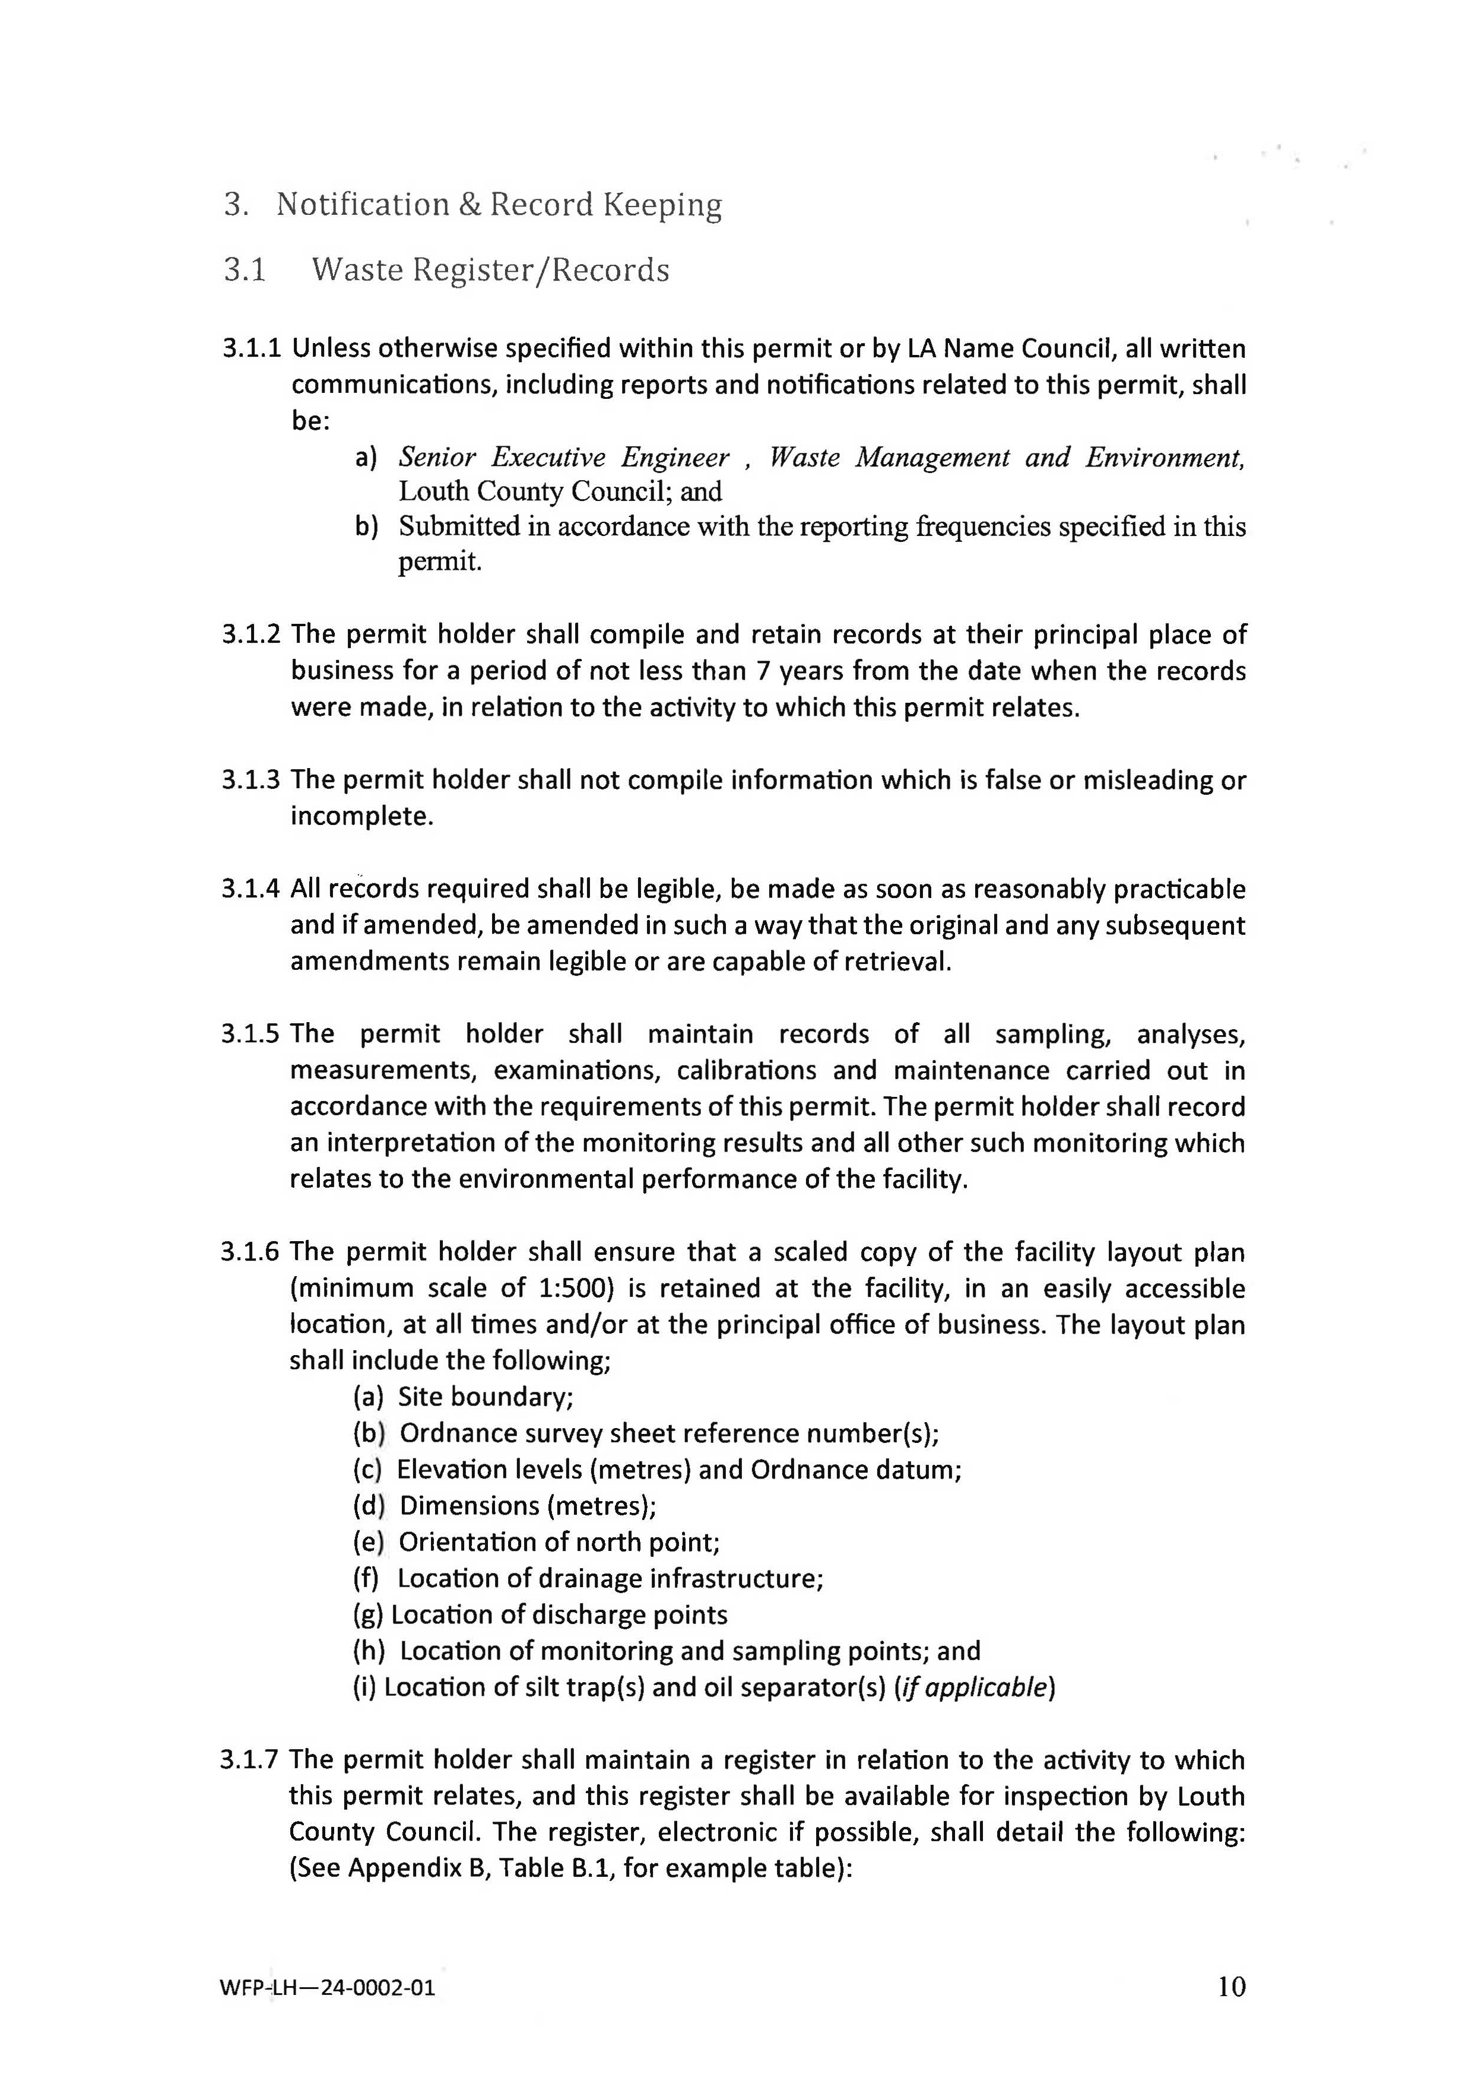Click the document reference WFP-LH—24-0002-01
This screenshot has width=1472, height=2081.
[x=327, y=1988]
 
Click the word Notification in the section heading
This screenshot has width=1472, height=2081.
[x=363, y=205]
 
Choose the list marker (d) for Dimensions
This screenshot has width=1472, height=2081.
[x=369, y=1505]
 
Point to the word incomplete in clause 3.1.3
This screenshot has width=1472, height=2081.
[x=361, y=817]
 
